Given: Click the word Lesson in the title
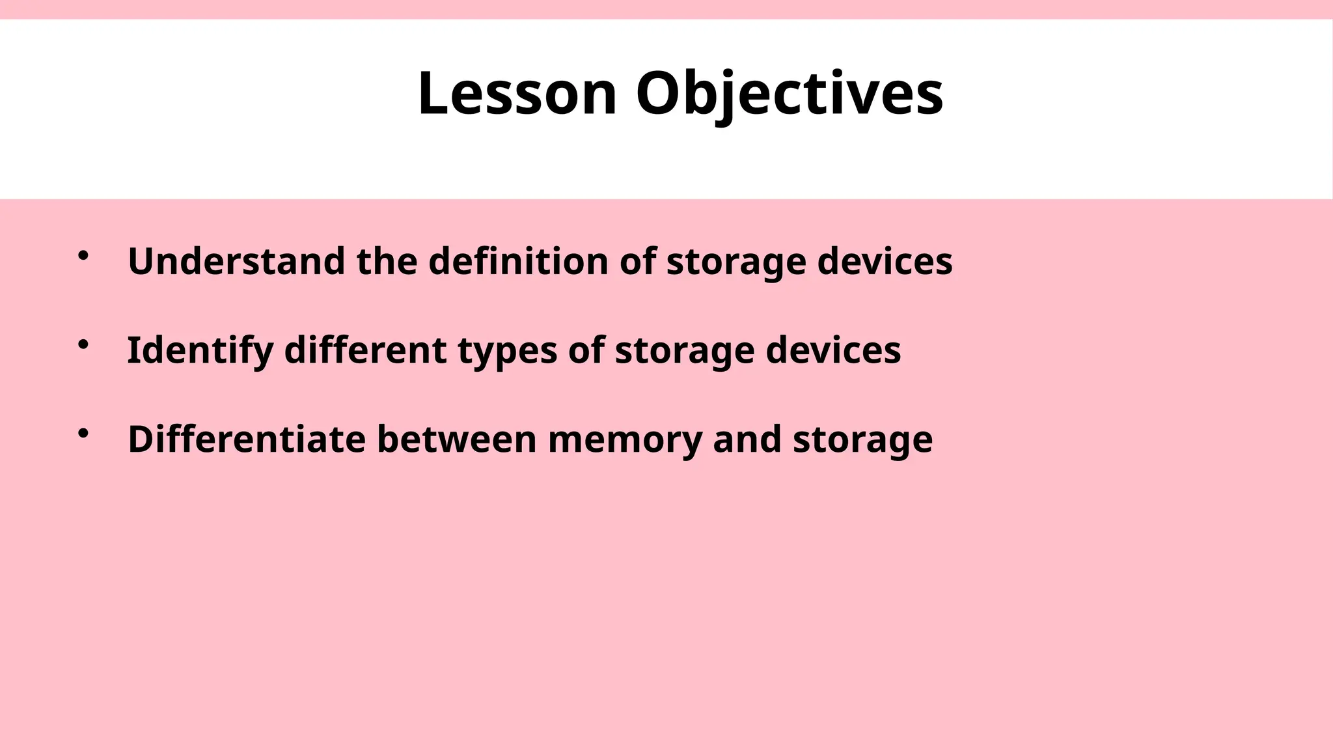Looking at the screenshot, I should [x=517, y=94].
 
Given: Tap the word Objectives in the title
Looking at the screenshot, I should [x=789, y=94].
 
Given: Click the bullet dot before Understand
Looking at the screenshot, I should [x=83, y=256].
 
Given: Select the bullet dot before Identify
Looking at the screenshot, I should [x=83, y=345].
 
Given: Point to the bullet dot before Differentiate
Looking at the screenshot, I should [x=83, y=434].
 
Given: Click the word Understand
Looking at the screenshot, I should [x=236, y=261].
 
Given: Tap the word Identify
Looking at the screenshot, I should [x=200, y=350].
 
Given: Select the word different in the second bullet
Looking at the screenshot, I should [x=365, y=350].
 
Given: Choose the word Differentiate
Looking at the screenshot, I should [x=247, y=439].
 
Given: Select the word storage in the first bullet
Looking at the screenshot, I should [x=735, y=262].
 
